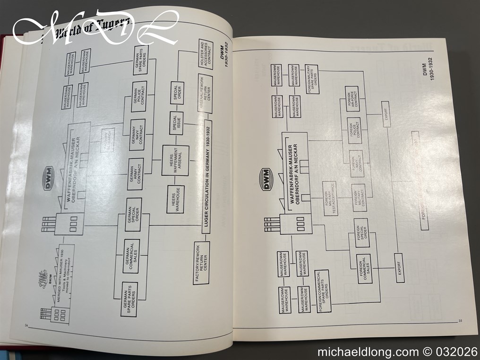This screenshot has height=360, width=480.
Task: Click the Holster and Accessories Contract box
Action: (x=206, y=54)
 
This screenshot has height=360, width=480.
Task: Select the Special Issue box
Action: (x=176, y=123)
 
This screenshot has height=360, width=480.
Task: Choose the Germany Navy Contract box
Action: (x=137, y=135)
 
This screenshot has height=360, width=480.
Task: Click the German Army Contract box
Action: (x=136, y=174)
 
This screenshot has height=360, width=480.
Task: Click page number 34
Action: (x=26, y=325)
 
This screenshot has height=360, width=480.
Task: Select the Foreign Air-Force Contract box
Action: (x=351, y=99)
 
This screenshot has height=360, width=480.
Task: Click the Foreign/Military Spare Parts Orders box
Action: (x=311, y=76)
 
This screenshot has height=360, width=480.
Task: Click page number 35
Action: (x=461, y=321)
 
